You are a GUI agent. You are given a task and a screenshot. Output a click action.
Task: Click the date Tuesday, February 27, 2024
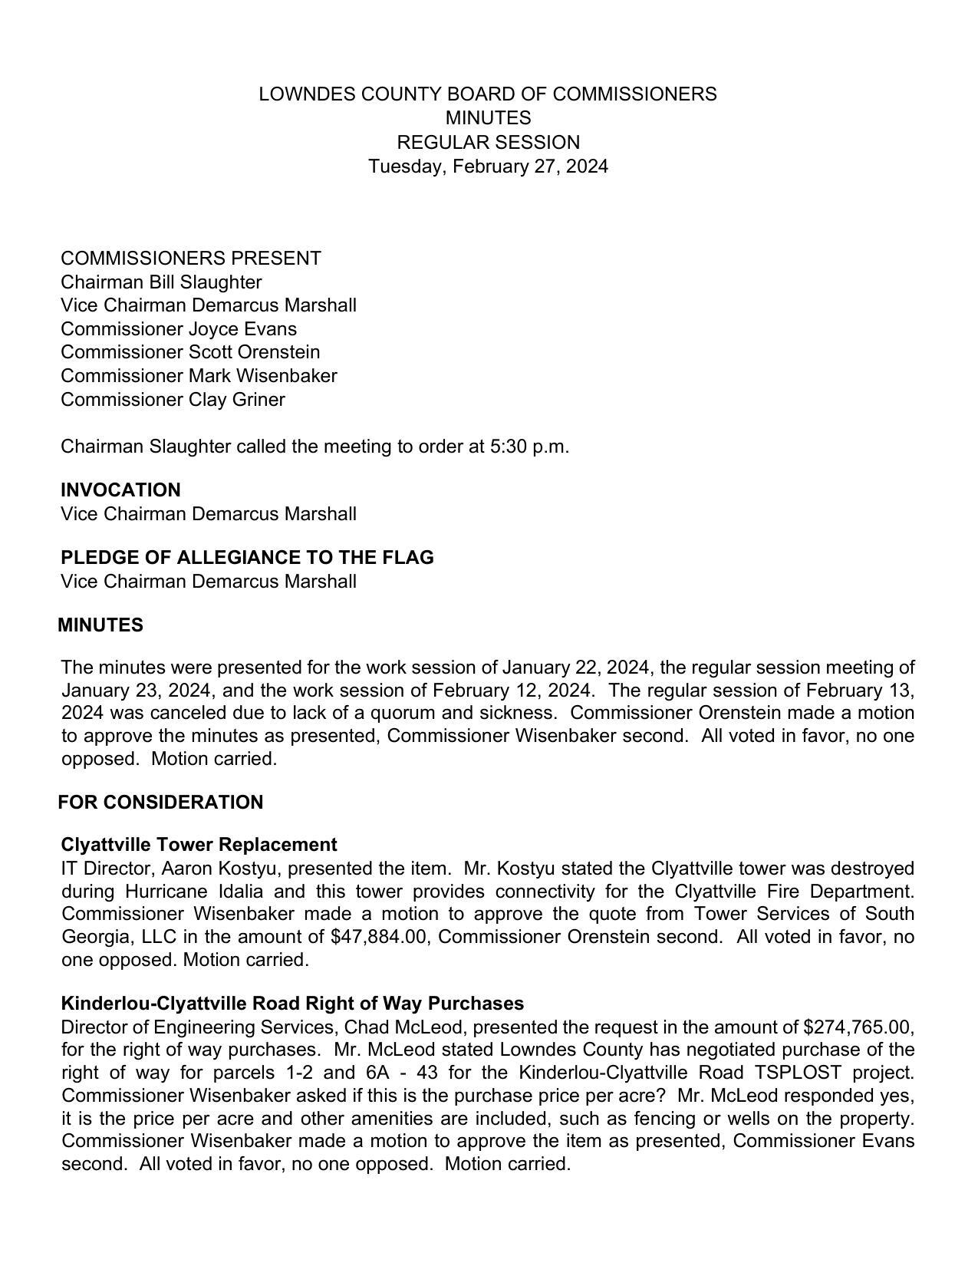point(488,166)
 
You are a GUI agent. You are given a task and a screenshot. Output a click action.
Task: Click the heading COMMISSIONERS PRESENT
point(191,259)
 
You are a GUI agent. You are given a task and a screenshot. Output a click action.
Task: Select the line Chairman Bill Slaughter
point(161,282)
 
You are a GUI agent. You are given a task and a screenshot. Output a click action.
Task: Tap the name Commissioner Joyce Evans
point(179,329)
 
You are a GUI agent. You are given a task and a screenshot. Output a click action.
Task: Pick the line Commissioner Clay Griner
point(173,400)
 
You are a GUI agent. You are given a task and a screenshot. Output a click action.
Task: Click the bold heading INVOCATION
point(120,490)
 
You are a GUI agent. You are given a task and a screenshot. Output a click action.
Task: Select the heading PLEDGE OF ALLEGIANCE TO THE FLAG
point(247,558)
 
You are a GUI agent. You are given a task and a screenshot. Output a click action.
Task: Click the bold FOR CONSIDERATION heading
point(160,803)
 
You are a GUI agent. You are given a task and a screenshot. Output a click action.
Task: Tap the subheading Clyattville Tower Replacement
point(199,845)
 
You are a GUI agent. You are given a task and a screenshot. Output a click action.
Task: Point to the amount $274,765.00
point(858,1027)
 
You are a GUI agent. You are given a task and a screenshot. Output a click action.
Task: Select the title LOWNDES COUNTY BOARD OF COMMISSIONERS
point(488,94)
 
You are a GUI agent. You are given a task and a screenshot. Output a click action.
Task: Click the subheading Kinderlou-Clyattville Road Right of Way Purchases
point(292,1004)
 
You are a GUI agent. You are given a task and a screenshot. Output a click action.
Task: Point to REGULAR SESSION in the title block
point(488,143)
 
